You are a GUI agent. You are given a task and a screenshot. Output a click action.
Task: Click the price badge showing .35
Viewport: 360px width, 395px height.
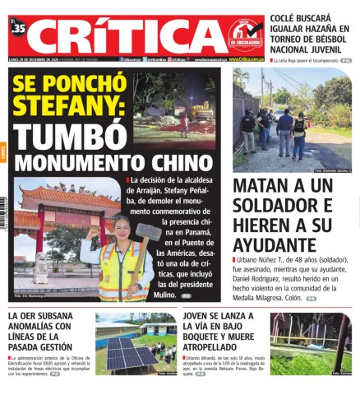(19, 28)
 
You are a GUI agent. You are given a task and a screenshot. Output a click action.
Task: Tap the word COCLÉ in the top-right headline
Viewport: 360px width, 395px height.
(291, 7)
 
